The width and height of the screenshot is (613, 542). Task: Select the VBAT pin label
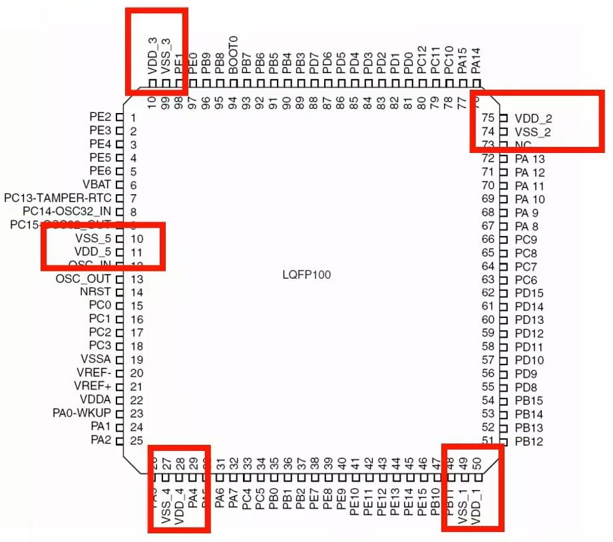(x=97, y=184)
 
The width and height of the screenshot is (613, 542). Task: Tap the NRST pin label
(x=95, y=292)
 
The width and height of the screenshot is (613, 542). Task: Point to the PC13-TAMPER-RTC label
(x=59, y=198)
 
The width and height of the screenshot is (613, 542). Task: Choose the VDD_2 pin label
(x=533, y=118)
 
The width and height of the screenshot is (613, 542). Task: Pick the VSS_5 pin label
(x=93, y=238)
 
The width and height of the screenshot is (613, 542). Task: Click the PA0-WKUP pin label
(x=82, y=413)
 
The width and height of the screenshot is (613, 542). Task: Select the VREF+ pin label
(x=93, y=386)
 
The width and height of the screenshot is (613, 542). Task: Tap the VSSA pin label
(x=95, y=359)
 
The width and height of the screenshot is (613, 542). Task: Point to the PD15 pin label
(x=529, y=293)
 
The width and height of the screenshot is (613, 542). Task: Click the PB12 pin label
(x=529, y=442)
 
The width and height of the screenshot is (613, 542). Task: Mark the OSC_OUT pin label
(x=83, y=279)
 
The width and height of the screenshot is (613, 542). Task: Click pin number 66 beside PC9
(x=489, y=239)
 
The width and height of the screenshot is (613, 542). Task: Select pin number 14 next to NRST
(x=137, y=293)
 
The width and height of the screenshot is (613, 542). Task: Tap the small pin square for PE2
(x=120, y=117)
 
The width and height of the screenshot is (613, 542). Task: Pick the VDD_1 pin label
(x=475, y=506)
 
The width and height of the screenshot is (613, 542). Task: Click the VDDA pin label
(x=95, y=400)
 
